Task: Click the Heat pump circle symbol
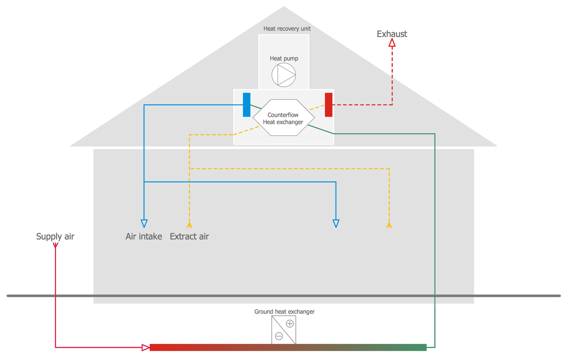pyautogui.click(x=283, y=75)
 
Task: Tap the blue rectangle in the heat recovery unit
pyautogui.click(x=246, y=105)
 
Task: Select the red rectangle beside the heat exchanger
pyautogui.click(x=328, y=105)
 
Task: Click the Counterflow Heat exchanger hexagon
pyautogui.click(x=283, y=118)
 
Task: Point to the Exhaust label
pyautogui.click(x=392, y=34)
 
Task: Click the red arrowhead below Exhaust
pyautogui.click(x=392, y=43)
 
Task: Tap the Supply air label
pyautogui.click(x=55, y=237)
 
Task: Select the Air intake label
pyautogui.click(x=144, y=237)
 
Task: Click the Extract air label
pyautogui.click(x=189, y=237)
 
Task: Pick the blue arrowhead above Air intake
pyautogui.click(x=144, y=223)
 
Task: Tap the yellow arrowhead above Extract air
pyautogui.click(x=189, y=225)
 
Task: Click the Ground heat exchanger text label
pyautogui.click(x=284, y=312)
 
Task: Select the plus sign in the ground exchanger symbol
pyautogui.click(x=290, y=324)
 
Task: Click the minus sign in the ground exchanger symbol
pyautogui.click(x=279, y=336)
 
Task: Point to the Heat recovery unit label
pyautogui.click(x=287, y=29)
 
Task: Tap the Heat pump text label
pyautogui.click(x=284, y=59)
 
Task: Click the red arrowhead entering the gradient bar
pyautogui.click(x=146, y=348)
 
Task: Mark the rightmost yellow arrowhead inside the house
pyautogui.click(x=389, y=225)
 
